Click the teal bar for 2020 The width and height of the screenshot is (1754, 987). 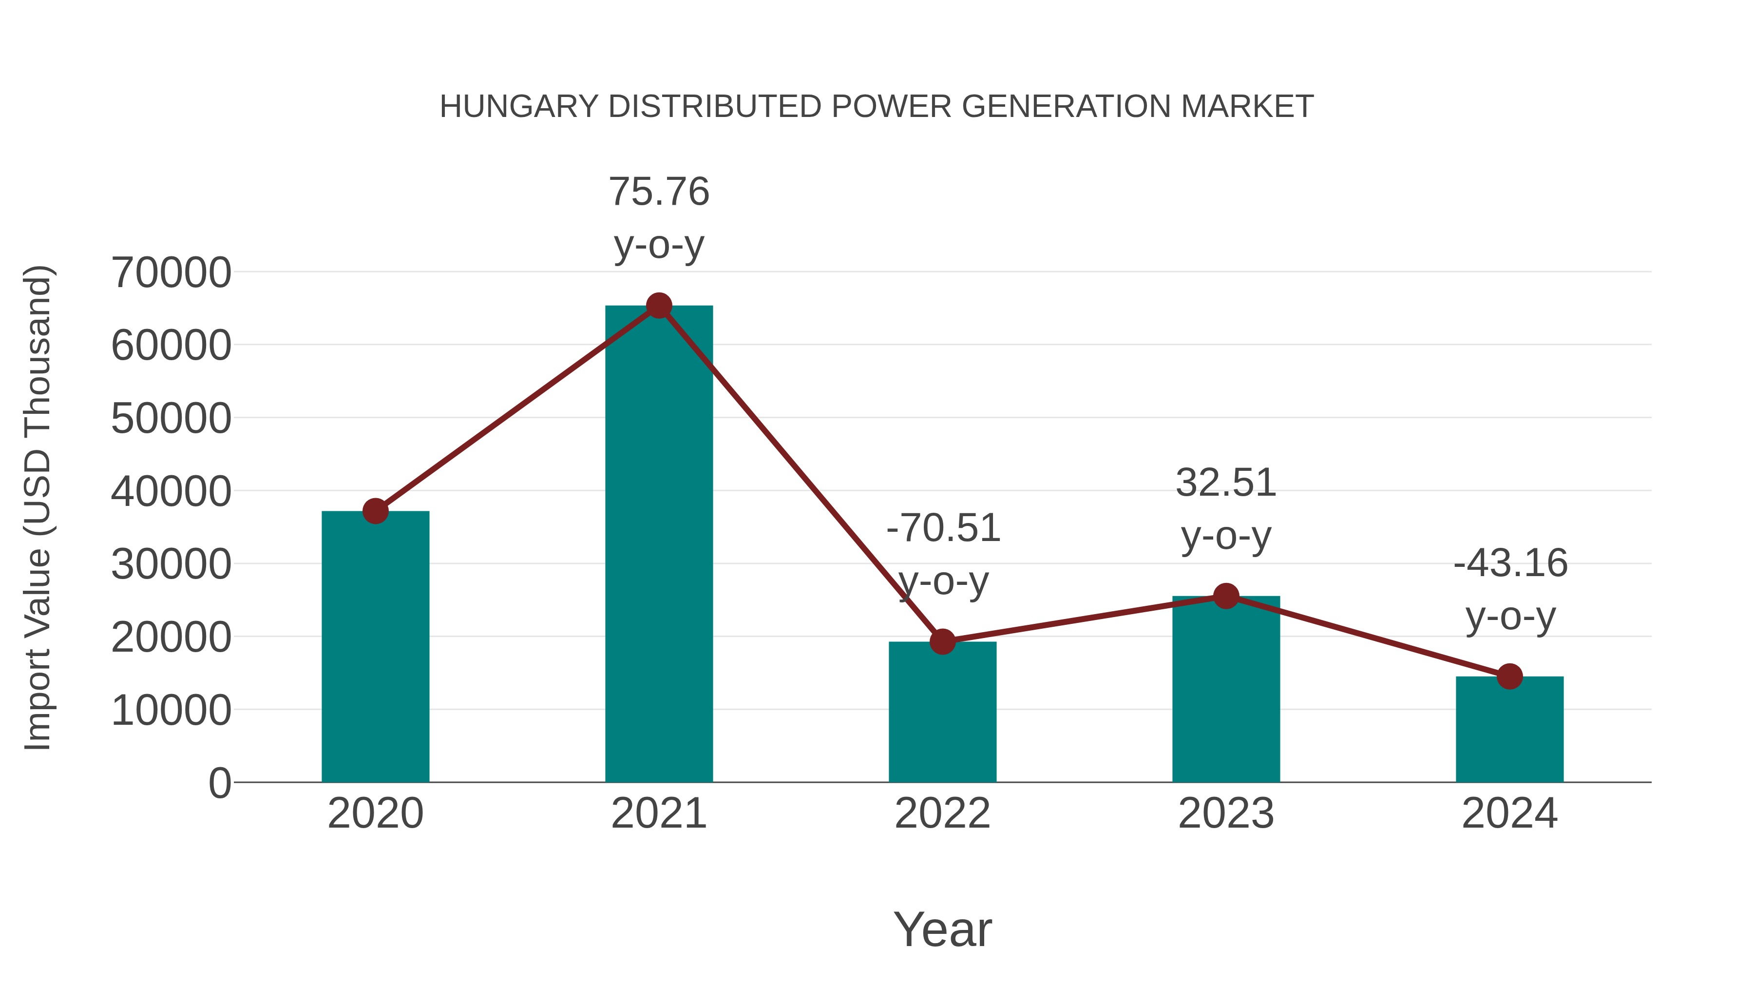pos(375,647)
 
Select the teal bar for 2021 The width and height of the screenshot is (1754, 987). pos(658,545)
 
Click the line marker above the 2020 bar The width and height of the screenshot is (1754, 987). pos(375,511)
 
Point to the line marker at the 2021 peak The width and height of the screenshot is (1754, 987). pos(658,306)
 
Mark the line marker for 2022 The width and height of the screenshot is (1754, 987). pos(942,641)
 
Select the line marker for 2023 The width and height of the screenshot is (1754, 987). pos(1226,596)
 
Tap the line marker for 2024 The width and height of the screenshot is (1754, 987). pos(1509,677)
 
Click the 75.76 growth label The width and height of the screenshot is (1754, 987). pos(658,192)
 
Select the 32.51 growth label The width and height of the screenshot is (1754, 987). pos(1226,483)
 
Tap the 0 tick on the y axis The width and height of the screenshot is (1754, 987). pos(219,783)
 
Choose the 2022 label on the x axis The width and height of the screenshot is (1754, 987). pos(942,813)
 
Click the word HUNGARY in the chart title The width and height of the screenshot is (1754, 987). pos(519,107)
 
